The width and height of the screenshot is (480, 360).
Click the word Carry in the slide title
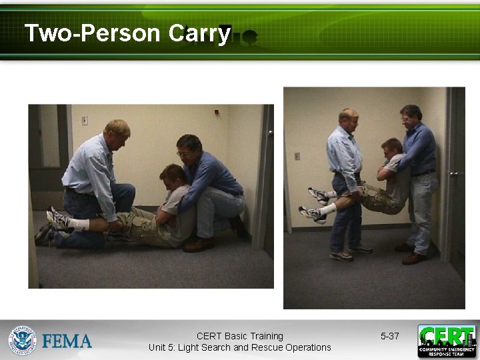199,33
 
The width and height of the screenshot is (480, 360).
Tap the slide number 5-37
389,336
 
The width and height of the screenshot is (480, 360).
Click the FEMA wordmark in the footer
67,341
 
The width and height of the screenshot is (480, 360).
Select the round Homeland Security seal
22,340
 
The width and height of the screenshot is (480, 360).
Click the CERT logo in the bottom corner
447,341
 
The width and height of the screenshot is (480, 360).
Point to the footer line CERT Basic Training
240,336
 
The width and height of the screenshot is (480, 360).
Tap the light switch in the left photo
85,121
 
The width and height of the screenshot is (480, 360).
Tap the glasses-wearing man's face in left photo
187,151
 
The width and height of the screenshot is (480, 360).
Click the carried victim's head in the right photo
391,148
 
